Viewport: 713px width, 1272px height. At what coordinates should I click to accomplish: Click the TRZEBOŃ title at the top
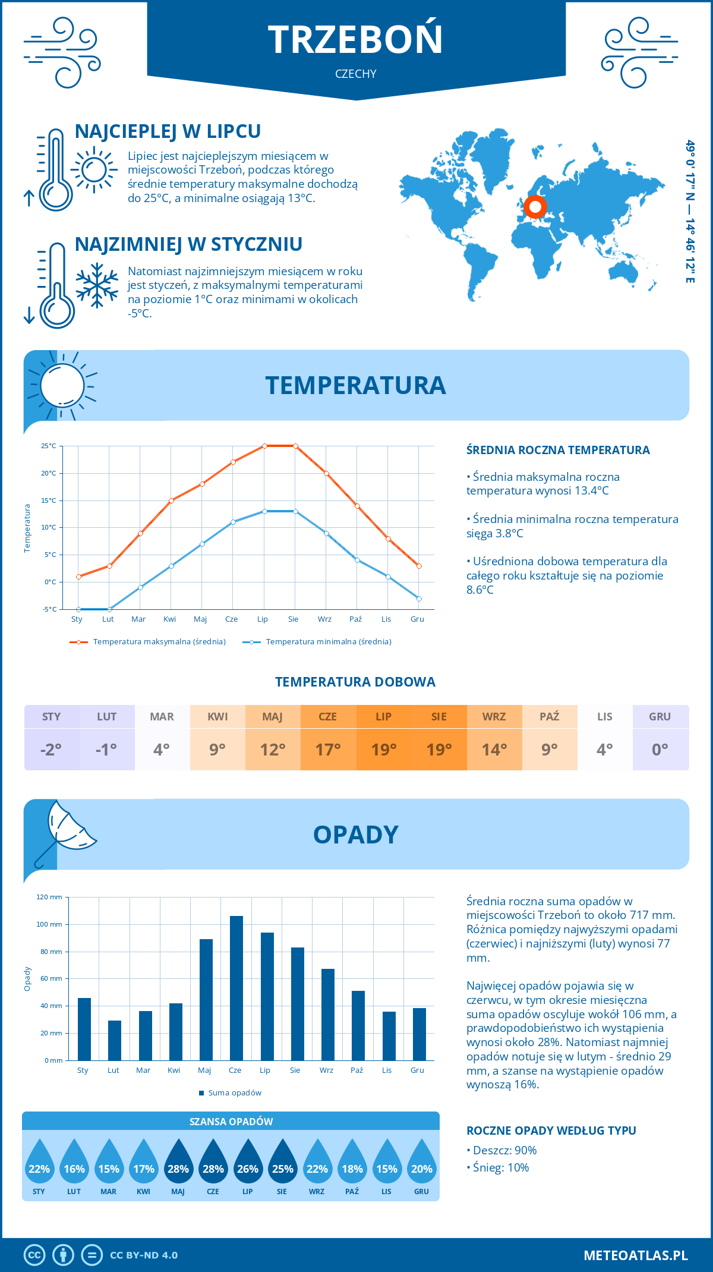tap(355, 39)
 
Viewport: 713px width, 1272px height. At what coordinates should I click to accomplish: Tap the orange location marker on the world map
tap(535, 207)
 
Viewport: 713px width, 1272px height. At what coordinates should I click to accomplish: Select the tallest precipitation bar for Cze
tap(236, 988)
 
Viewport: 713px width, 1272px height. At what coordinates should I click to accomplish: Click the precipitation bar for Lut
tap(115, 1040)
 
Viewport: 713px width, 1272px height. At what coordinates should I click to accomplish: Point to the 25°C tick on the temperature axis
tap(49, 446)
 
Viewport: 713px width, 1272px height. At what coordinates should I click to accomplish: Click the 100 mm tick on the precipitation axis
tap(49, 924)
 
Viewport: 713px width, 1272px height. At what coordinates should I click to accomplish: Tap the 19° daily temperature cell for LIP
tap(384, 749)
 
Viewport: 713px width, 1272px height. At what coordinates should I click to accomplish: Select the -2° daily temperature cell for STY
tap(51, 749)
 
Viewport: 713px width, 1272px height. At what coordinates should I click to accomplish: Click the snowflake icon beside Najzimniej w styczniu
tap(97, 285)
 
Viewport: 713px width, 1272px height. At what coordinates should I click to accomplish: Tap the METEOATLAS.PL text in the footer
tap(636, 1255)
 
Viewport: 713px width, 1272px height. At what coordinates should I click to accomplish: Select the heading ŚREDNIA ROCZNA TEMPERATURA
tap(558, 450)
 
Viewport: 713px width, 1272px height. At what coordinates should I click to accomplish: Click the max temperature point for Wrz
tap(326, 473)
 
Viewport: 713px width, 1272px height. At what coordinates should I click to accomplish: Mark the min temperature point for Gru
tap(419, 599)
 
